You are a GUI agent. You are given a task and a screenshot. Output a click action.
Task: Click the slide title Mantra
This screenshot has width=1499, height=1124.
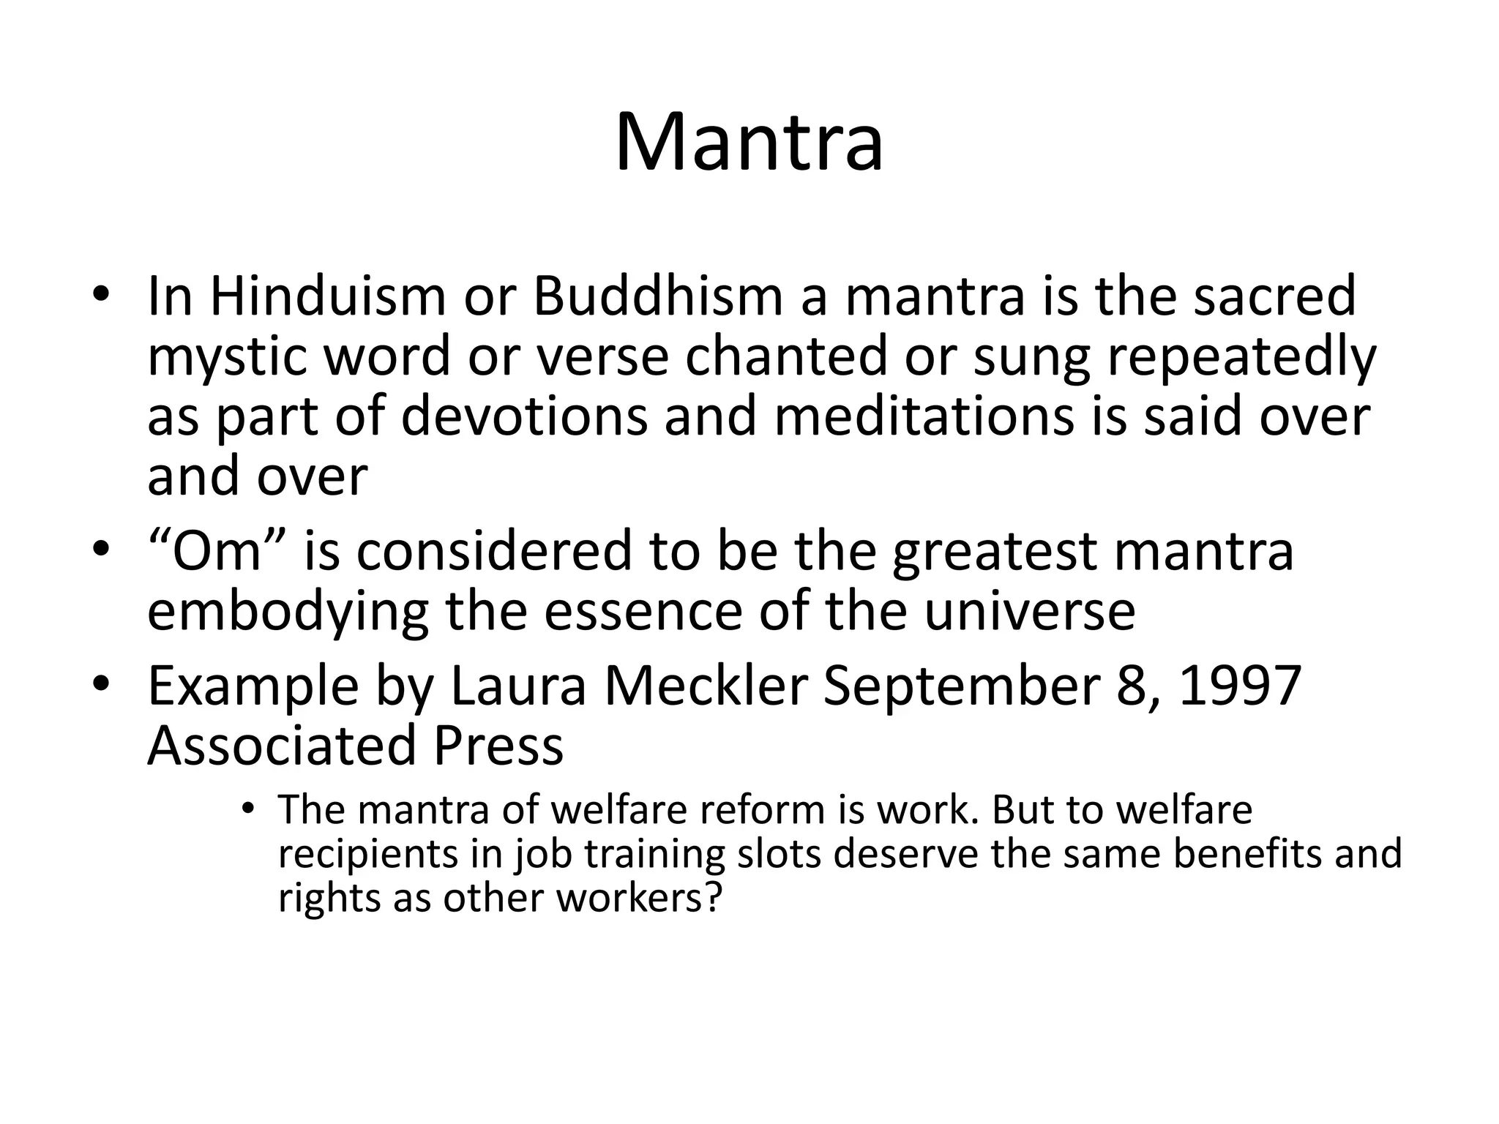(749, 143)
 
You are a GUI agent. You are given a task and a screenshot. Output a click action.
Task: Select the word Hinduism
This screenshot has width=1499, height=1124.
(327, 296)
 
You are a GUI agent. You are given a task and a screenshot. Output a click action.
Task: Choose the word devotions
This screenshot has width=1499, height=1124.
(525, 417)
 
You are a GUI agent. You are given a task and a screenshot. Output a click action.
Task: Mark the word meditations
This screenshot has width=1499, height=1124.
(924, 417)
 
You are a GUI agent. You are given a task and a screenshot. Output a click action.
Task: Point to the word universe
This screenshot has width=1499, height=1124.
(1030, 611)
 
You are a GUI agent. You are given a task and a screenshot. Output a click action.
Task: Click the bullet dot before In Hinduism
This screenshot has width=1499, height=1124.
(101, 295)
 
